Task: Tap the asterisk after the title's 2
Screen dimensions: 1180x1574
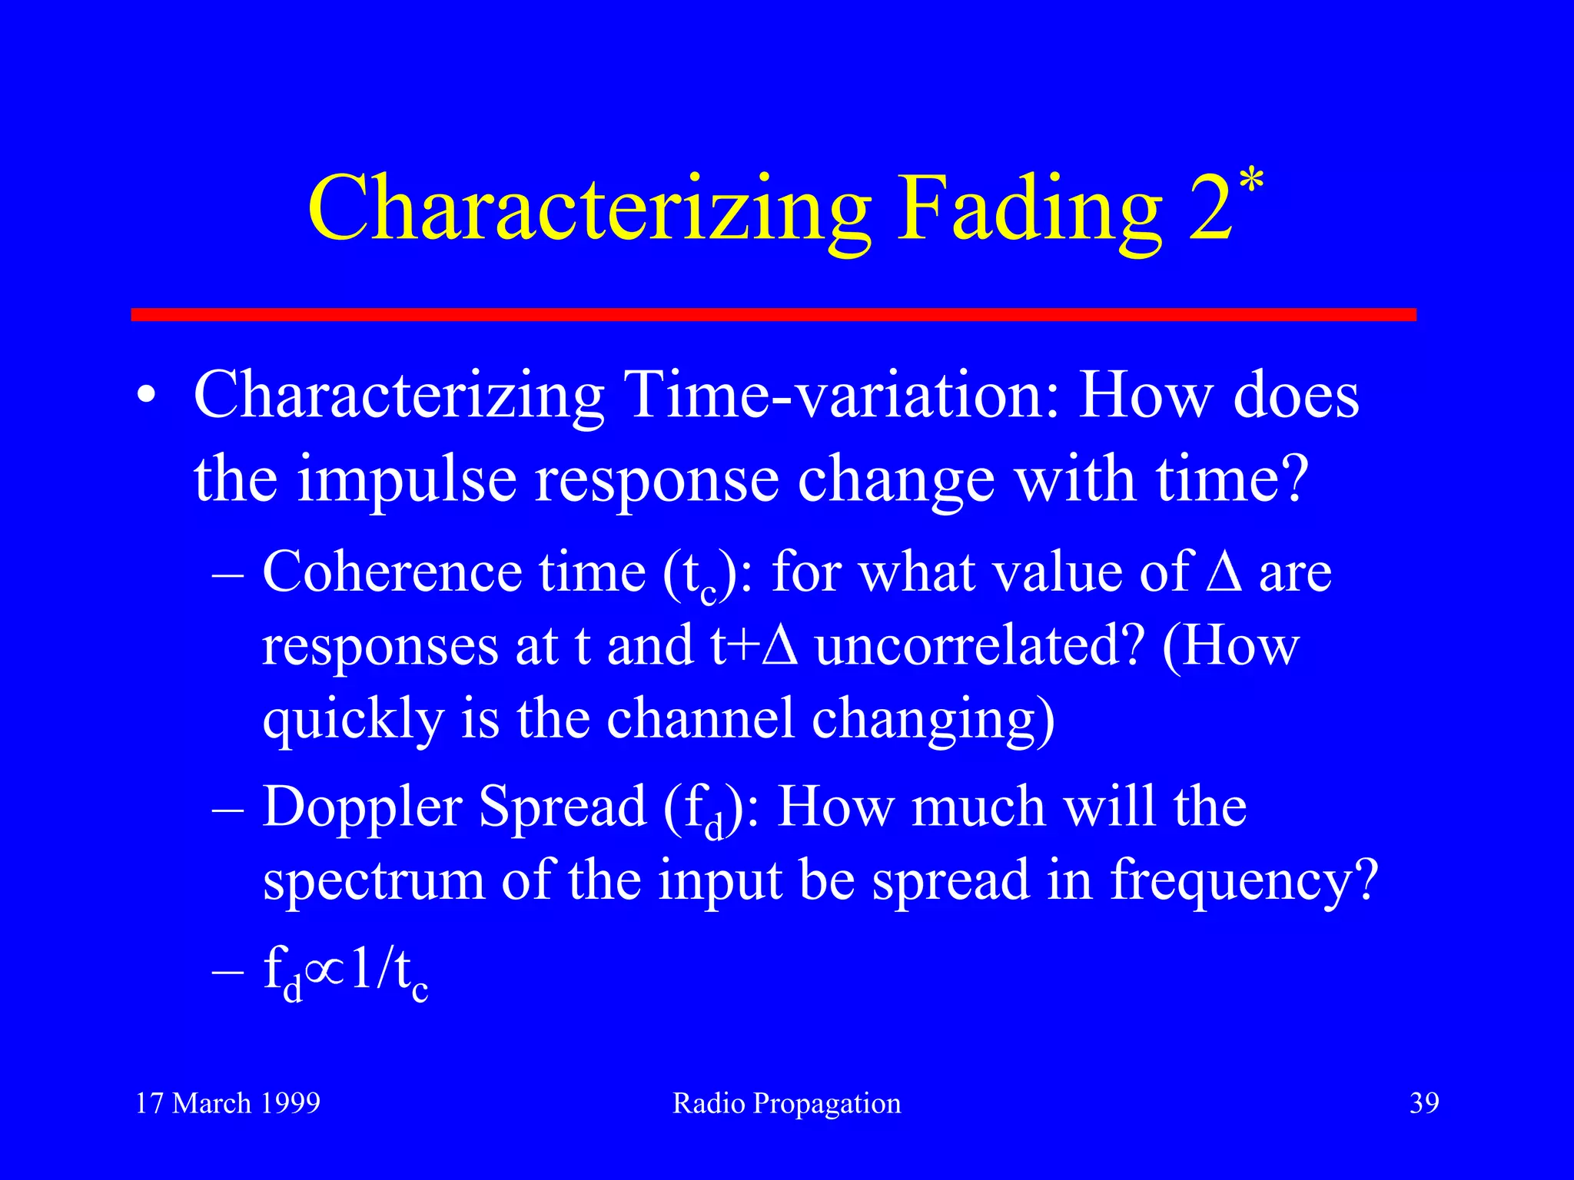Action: tap(1251, 183)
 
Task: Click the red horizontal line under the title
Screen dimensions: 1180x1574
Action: tap(773, 314)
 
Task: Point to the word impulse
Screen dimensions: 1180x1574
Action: tap(407, 479)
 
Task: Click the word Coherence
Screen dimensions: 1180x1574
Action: tap(392, 572)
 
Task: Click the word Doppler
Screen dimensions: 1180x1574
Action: tap(362, 808)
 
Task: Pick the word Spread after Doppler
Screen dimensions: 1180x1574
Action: tap(562, 808)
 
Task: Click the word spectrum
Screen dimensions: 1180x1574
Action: tap(374, 880)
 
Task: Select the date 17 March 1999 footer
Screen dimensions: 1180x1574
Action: tap(227, 1103)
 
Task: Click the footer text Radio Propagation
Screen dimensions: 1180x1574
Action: tap(786, 1103)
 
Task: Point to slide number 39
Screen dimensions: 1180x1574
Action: tap(1423, 1103)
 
